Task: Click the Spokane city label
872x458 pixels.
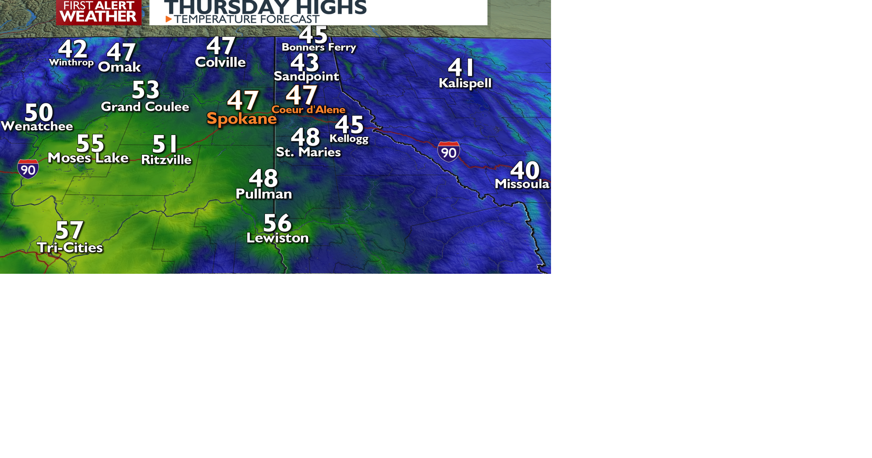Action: [242, 119]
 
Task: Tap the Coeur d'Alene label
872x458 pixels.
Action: [308, 110]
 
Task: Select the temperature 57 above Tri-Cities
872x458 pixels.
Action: [69, 230]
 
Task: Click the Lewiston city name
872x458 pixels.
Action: [277, 238]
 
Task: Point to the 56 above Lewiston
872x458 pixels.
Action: [277, 223]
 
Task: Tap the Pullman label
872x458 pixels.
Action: [264, 194]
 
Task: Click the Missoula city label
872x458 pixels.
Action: [522, 184]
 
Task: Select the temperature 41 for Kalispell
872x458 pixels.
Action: [461, 68]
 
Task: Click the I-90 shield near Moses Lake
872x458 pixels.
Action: [28, 169]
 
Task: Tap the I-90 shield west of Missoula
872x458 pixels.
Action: [449, 152]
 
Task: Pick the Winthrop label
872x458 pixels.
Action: [71, 62]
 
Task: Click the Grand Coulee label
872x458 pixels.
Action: [145, 107]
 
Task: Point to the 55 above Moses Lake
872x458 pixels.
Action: [90, 143]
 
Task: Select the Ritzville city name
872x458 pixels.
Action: [166, 160]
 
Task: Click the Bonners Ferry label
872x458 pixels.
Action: [319, 47]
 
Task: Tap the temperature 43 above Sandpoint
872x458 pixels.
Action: [305, 62]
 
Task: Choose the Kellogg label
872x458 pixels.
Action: [349, 138]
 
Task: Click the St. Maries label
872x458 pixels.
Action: [308, 152]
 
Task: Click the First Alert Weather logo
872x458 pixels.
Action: [98, 12]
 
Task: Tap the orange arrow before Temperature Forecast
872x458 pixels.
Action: [169, 19]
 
